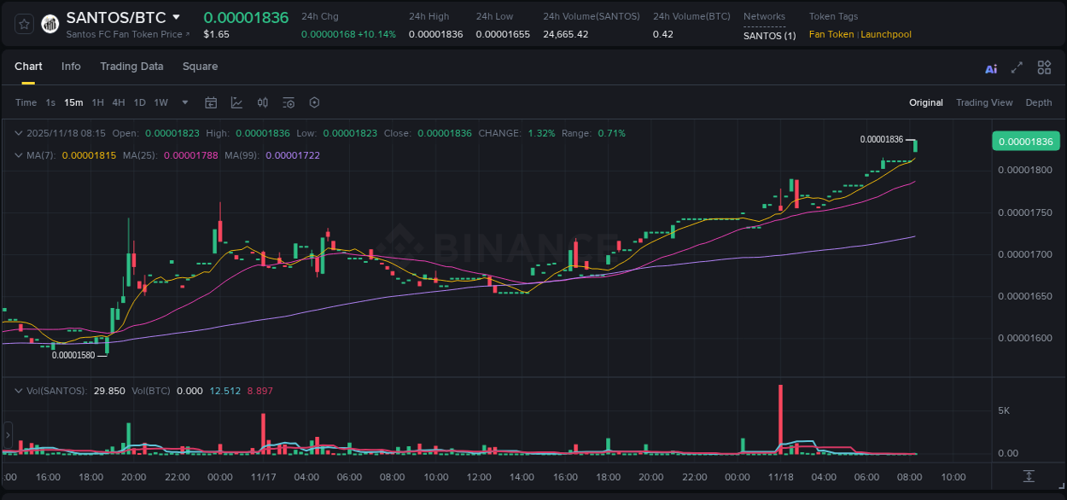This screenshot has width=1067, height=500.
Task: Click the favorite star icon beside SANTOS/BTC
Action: pos(24,24)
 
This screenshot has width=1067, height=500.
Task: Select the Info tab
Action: pos(71,67)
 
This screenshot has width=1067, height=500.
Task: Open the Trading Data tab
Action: pos(131,67)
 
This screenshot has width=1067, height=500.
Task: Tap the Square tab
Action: pos(200,67)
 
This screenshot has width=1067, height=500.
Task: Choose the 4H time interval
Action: pos(119,102)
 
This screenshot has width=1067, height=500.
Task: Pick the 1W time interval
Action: pos(160,102)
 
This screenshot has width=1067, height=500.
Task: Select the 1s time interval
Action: pos(50,102)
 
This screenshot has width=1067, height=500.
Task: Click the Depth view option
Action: pos(1038,102)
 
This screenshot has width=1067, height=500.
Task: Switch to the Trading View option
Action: pos(984,102)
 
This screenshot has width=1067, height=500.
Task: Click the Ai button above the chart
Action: pos(991,69)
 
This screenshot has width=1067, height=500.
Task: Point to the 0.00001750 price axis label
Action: pos(1025,212)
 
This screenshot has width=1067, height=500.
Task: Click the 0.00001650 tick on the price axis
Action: pos(1025,296)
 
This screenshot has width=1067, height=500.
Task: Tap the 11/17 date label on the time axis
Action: pos(263,477)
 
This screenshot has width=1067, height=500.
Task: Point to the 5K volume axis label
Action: pos(1004,410)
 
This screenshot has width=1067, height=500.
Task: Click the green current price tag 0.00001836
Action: pos(1025,142)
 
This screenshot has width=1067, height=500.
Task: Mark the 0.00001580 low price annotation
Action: pos(73,355)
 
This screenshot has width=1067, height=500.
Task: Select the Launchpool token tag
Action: pos(886,34)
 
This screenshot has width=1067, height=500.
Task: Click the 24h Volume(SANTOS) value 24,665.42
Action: pos(565,34)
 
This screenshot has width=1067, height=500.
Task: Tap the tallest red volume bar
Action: pos(780,418)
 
